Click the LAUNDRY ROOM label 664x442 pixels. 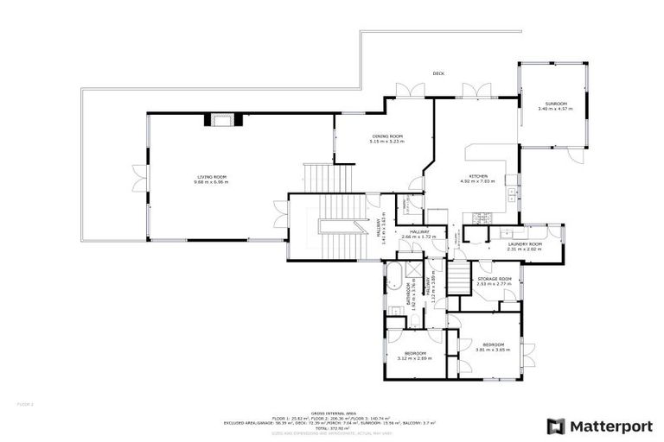pyautogui.click(x=524, y=244)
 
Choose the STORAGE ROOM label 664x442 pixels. pyautogui.click(x=495, y=279)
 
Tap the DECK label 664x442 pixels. pyautogui.click(x=438, y=73)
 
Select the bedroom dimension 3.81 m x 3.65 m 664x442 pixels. pyautogui.click(x=493, y=350)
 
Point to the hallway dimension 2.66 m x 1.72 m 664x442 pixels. pyautogui.click(x=418, y=236)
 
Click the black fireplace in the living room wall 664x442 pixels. pyautogui.click(x=220, y=120)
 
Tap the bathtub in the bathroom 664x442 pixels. pyautogui.click(x=392, y=281)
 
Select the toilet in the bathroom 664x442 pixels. pyautogui.click(x=414, y=320)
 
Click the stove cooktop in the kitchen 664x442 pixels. pyautogui.click(x=510, y=192)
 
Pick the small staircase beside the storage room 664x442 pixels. pyautogui.click(x=455, y=279)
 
